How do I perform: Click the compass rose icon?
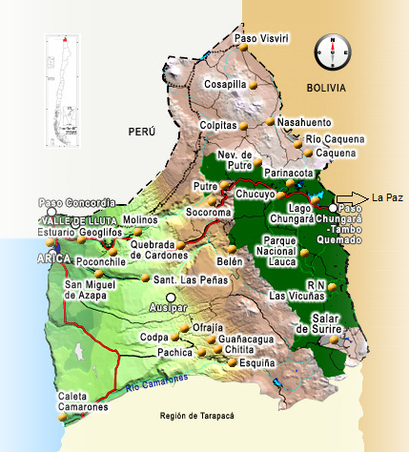coord(333,51)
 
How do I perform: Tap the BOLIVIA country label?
coord(325,89)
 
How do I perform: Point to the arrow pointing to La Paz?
coord(350,198)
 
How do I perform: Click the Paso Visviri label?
coord(261,39)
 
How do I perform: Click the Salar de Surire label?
coord(316,323)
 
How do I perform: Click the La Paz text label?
coord(384,198)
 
